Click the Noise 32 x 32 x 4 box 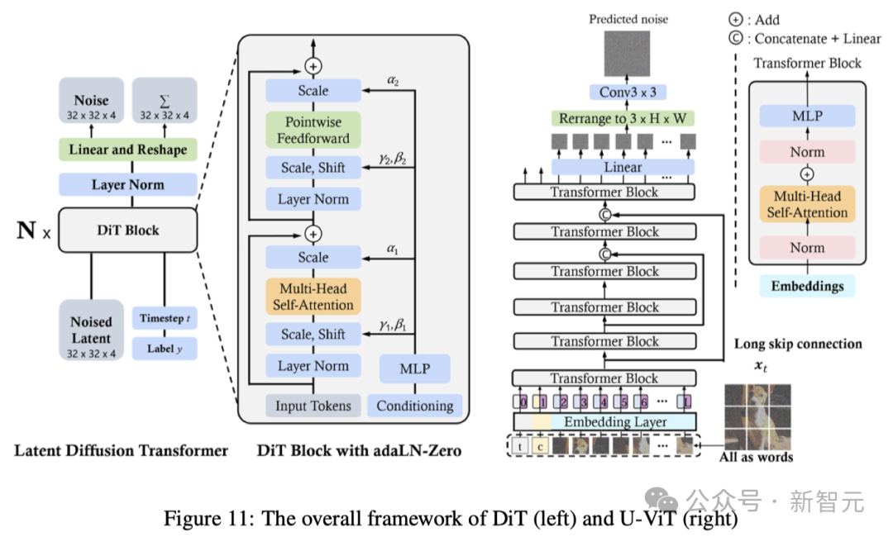(91, 106)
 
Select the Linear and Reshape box (127, 150)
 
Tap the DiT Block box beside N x (127, 230)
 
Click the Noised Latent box (91, 330)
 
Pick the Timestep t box (164, 318)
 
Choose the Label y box (164, 348)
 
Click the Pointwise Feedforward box (313, 131)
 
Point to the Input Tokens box (313, 405)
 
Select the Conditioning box (414, 405)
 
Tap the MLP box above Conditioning (414, 368)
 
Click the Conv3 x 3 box (628, 93)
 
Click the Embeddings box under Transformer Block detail (807, 287)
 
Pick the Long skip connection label (798, 344)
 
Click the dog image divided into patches (758, 416)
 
